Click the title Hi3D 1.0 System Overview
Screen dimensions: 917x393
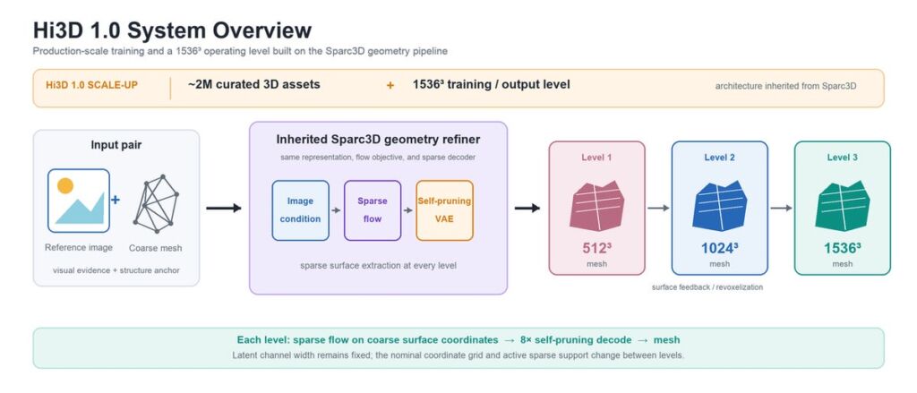pos(172,30)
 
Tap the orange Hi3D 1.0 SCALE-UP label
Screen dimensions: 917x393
pos(92,85)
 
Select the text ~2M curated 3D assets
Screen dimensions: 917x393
pos(253,84)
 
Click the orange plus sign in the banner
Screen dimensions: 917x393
pos(390,85)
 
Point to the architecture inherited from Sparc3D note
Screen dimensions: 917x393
pos(785,86)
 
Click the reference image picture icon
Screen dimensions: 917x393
pos(79,201)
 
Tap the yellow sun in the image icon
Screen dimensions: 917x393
pos(65,185)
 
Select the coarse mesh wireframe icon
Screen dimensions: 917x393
pos(156,201)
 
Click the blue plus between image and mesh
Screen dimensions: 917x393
pos(116,200)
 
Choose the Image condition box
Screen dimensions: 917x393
pos(301,210)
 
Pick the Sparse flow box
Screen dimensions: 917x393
pos(373,210)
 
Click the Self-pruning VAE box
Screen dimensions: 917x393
pos(444,210)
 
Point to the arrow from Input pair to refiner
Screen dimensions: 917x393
pos(224,209)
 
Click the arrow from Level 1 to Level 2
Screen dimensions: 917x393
pos(658,209)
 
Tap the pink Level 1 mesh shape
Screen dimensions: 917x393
pos(596,206)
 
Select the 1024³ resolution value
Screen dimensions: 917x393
pos(719,249)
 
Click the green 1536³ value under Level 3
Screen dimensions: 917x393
pos(842,249)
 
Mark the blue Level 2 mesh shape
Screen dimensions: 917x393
pos(719,206)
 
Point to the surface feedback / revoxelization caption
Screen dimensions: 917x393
pos(707,287)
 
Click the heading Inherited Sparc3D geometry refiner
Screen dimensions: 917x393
pos(379,140)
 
